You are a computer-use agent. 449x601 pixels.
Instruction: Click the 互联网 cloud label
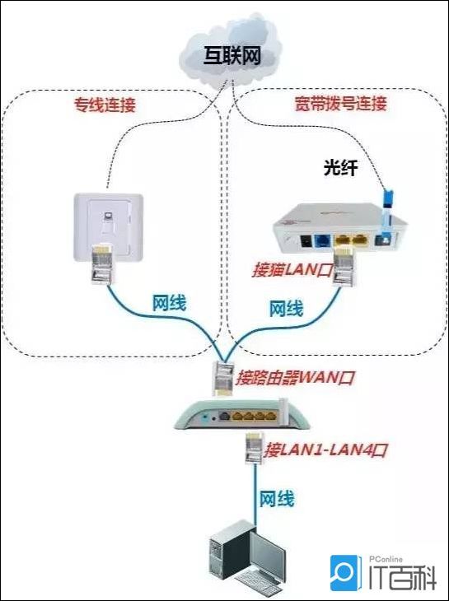click(x=232, y=56)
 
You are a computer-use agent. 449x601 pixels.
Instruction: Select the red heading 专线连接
click(x=105, y=105)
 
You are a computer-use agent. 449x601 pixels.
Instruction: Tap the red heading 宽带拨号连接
click(x=340, y=103)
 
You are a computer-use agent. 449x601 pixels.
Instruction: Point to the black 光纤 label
click(x=340, y=167)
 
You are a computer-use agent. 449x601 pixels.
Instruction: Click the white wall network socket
click(x=109, y=228)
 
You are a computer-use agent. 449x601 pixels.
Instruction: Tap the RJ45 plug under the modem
click(x=344, y=267)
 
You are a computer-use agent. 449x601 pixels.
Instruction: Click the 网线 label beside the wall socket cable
click(x=169, y=303)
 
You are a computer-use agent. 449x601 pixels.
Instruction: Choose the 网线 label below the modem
click(x=286, y=309)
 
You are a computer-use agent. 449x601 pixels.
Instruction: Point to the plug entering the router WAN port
click(x=223, y=379)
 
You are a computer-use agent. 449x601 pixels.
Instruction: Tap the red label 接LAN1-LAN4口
click(x=325, y=450)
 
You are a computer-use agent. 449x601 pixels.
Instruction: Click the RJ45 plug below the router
click(x=255, y=447)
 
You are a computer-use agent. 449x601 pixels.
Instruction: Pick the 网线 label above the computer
click(x=277, y=499)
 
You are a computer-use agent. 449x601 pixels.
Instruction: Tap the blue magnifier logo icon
click(x=345, y=573)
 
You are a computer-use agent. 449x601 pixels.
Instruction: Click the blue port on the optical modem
click(x=322, y=241)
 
